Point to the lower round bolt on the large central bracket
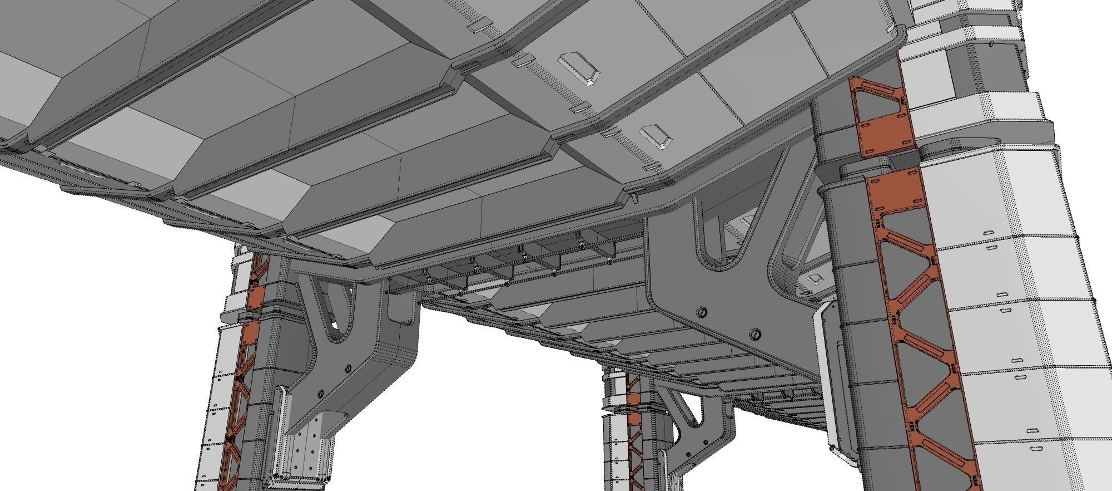[754, 334]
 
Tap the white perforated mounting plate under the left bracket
[306, 451]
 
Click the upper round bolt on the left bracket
[348, 368]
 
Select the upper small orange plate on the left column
[256, 298]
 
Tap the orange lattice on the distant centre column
[634, 423]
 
